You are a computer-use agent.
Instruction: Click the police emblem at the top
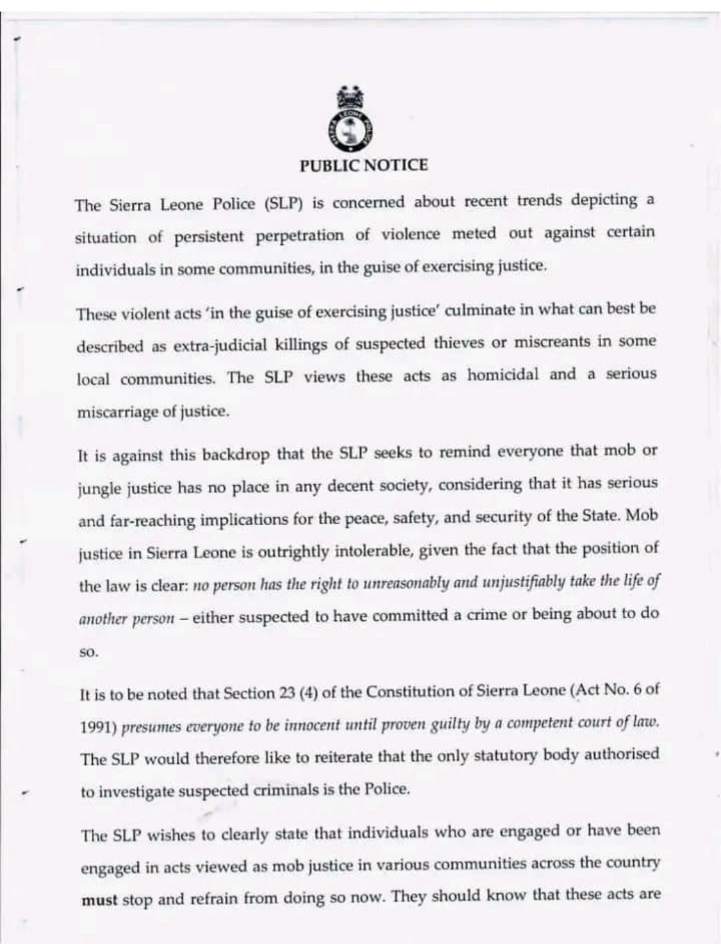pos(351,122)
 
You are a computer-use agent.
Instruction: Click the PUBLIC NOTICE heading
pos(363,166)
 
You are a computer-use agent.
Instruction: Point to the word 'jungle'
pos(97,489)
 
